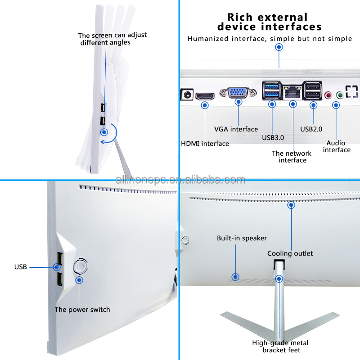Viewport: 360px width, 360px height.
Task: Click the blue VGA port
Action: coord(238,93)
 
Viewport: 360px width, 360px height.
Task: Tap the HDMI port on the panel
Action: coord(205,96)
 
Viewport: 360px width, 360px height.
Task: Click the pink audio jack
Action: coord(328,95)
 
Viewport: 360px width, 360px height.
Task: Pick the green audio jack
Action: coord(340,95)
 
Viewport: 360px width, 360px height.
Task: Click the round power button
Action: coord(81,266)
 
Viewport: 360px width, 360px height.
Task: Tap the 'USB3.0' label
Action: coord(273,138)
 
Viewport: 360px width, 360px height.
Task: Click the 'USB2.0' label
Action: coord(311,129)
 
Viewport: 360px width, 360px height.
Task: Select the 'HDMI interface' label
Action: coord(205,144)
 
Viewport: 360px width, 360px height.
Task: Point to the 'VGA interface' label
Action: coord(236,129)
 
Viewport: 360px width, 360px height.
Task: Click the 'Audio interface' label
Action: coord(337,147)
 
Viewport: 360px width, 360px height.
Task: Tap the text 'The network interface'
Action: coord(292,157)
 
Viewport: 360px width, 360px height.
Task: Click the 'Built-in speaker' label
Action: coord(242,238)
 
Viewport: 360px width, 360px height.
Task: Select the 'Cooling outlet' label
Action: coord(290,253)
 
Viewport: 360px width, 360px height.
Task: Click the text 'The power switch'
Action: coord(82,310)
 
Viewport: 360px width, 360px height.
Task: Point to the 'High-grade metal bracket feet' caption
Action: coord(280,346)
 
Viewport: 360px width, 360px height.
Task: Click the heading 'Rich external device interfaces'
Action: coord(269,22)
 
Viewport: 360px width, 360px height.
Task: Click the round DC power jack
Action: coord(187,94)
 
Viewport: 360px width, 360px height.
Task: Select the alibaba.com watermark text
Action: coord(180,180)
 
